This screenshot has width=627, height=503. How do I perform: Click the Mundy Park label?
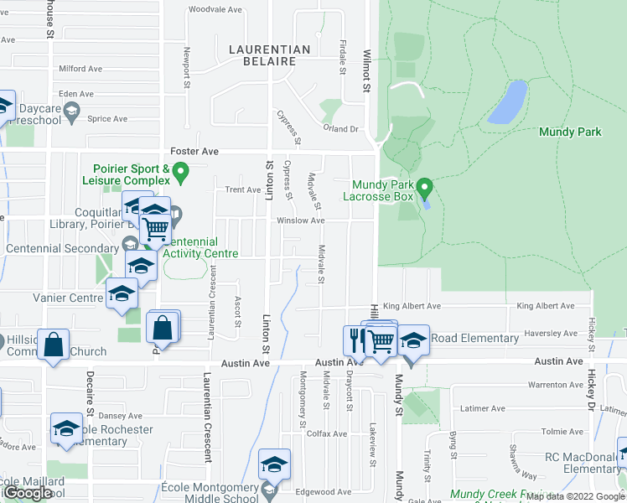tap(570, 132)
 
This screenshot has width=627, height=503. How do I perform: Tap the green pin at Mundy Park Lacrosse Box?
tap(424, 185)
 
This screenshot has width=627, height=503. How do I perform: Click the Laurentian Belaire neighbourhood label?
tap(269, 55)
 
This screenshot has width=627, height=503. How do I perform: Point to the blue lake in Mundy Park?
tap(507, 101)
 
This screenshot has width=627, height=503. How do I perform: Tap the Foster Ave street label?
tap(194, 151)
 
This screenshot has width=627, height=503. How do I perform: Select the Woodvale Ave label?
tap(215, 10)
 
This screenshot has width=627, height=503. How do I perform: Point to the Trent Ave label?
tap(242, 189)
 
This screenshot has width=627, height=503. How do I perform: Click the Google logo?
tap(27, 493)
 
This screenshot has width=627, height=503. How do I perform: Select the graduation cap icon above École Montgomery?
tap(274, 464)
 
